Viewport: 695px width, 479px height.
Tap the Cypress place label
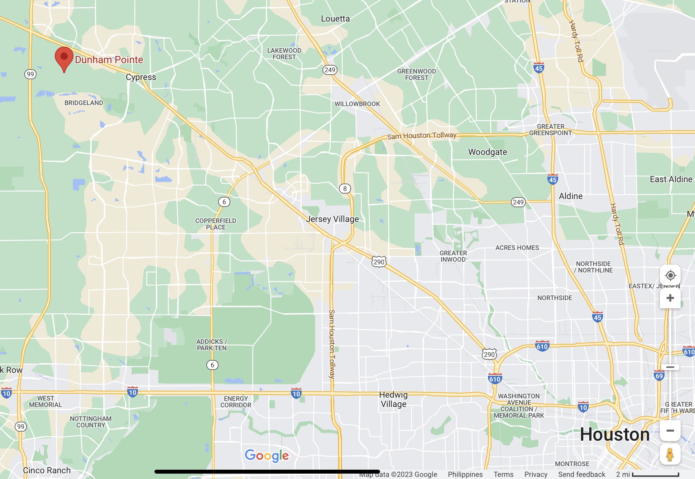tap(141, 77)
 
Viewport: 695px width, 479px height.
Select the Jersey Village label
tap(332, 219)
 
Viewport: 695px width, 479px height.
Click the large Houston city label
tap(615, 435)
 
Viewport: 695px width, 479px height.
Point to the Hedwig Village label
tap(393, 399)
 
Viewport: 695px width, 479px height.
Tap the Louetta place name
tap(335, 19)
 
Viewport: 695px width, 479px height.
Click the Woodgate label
tap(488, 152)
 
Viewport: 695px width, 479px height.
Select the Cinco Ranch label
tap(47, 470)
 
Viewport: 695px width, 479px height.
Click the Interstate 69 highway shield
tap(659, 375)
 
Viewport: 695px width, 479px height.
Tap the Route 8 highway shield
tap(345, 189)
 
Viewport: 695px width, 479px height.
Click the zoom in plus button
tap(670, 298)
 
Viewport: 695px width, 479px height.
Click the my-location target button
tap(670, 275)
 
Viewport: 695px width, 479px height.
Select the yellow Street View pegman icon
tap(670, 454)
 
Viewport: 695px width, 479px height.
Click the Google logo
tap(267, 456)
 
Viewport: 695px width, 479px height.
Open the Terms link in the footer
tap(503, 474)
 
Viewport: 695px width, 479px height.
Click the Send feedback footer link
tap(581, 474)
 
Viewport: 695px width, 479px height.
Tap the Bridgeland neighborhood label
tap(84, 103)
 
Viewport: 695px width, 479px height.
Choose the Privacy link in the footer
tap(536, 474)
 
